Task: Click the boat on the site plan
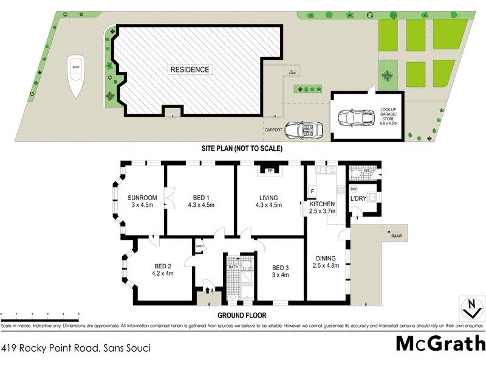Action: [x=76, y=75]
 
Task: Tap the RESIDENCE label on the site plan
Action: [x=190, y=69]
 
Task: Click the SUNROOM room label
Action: [x=142, y=201]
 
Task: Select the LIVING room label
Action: [x=268, y=201]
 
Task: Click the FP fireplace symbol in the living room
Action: [x=268, y=172]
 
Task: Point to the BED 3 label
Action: [x=279, y=271]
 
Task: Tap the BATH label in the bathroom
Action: [x=234, y=266]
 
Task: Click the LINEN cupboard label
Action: [x=199, y=246]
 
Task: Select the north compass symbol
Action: [x=469, y=308]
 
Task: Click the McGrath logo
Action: [x=440, y=344]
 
